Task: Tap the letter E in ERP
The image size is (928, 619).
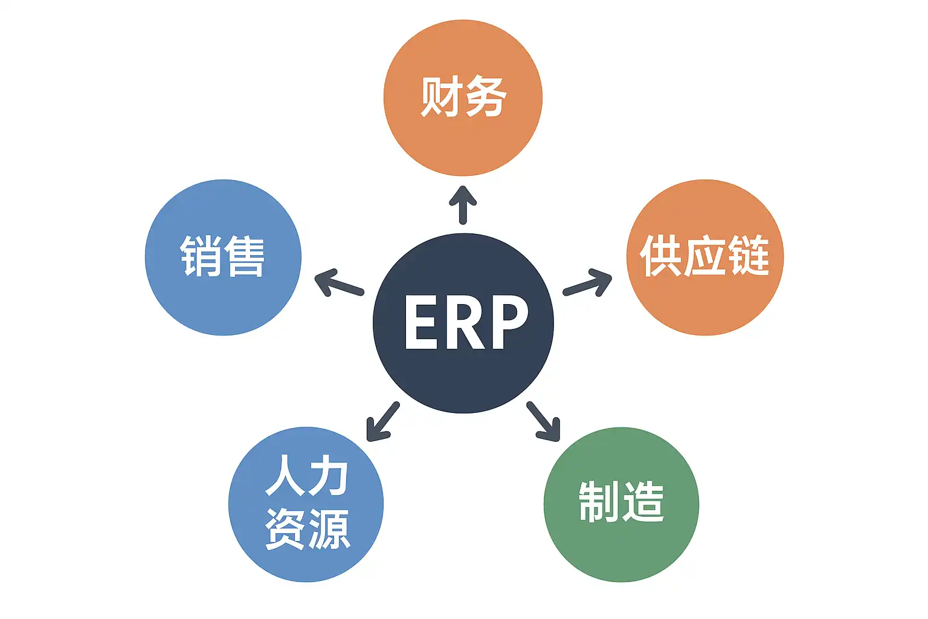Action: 421,322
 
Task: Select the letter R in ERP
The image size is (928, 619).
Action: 465,322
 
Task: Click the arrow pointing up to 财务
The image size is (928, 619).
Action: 463,204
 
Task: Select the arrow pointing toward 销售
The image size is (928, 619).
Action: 338,283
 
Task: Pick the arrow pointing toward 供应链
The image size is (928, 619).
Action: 588,283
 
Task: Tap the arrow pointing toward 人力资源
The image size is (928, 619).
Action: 382,421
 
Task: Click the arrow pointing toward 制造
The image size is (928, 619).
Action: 544,421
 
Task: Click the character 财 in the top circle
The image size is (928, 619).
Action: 441,96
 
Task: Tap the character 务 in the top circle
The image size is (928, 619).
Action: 486,96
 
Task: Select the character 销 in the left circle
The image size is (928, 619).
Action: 201,256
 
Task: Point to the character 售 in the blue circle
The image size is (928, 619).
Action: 245,256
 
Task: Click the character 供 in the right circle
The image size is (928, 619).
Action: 661,256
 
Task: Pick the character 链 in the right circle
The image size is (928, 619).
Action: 748,256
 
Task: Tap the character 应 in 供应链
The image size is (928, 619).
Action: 704,256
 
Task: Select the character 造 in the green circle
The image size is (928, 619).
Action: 643,502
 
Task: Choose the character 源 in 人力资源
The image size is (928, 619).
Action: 329,529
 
